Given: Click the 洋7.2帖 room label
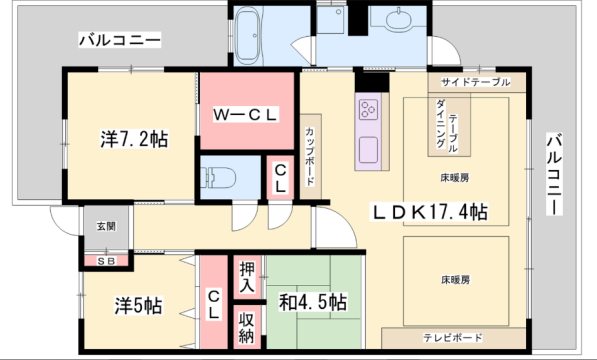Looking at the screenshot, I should [x=132, y=138].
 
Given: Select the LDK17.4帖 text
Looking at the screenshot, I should [x=431, y=212].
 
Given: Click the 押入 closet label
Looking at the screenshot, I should [x=247, y=277].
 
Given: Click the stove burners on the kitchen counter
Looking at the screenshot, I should [x=366, y=109].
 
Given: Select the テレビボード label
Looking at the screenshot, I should [x=454, y=337].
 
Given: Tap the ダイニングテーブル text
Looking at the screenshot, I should [x=447, y=125].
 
